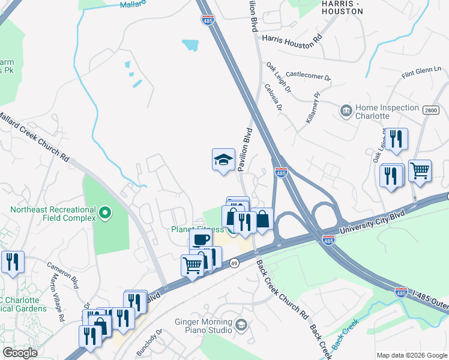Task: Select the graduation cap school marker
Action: coord(223,160)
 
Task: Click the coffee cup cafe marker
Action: coord(200,239)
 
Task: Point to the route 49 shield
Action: coord(234,263)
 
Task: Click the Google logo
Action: coord(20,353)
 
